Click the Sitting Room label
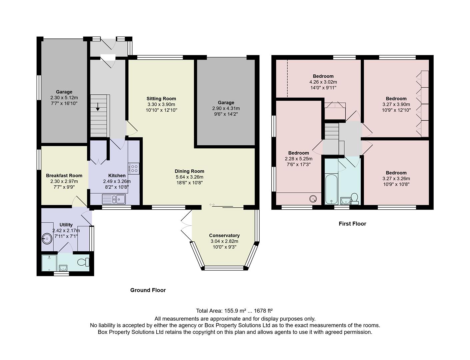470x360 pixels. tap(161, 99)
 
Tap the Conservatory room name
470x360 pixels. tap(224, 235)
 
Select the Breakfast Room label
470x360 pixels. tap(64, 176)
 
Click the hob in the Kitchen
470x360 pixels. tap(134, 169)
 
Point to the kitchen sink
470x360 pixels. tap(114, 199)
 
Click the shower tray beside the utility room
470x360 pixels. tap(49, 262)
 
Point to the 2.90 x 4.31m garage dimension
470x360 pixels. tap(226, 108)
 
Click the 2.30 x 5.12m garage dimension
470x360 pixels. tap(64, 98)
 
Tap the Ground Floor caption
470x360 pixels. tap(148, 290)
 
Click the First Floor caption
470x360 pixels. tap(352, 224)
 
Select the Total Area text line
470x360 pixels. tap(234, 311)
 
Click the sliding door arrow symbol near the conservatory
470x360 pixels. tap(212, 204)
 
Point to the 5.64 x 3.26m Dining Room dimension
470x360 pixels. tap(189, 177)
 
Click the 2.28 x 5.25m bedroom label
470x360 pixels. tap(298, 159)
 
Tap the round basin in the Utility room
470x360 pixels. tap(47, 238)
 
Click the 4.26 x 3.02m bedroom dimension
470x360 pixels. tap(323, 82)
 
